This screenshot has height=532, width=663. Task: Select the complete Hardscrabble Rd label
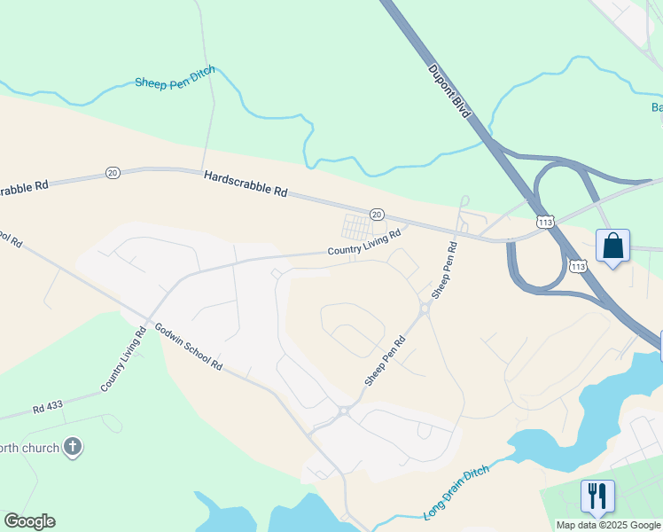[x=246, y=184]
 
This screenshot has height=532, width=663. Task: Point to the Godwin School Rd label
[x=188, y=347]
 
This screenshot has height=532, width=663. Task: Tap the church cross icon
[x=74, y=447]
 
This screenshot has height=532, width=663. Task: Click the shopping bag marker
[x=612, y=246]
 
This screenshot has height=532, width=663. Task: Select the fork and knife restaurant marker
[x=597, y=496]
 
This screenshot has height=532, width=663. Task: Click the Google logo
[x=29, y=521]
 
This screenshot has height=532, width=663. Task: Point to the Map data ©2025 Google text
[x=609, y=525]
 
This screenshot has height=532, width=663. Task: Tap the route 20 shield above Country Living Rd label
[x=376, y=215]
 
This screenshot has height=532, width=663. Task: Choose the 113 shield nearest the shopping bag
[x=578, y=265]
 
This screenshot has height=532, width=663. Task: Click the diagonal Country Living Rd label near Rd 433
[x=123, y=360]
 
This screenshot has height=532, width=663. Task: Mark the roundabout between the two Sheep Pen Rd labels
[x=425, y=309]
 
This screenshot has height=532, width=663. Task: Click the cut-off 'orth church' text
[x=31, y=448]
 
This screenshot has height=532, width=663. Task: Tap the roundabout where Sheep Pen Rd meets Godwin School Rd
[x=343, y=411]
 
